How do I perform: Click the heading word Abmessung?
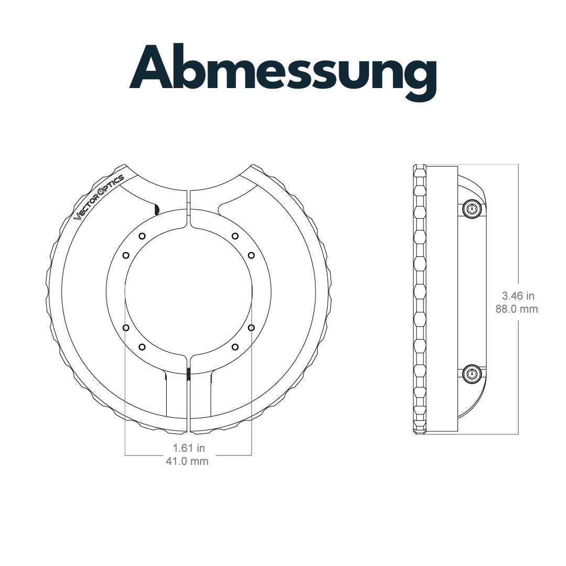point(283,72)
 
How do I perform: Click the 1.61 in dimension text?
point(189,448)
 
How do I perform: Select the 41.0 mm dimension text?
point(187,461)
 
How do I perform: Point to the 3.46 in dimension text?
point(518,296)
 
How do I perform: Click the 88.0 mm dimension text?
point(517,309)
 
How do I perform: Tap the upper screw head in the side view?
point(472,208)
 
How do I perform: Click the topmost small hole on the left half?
point(142,236)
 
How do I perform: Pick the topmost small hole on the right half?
point(235,236)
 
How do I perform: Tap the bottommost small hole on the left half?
point(142,347)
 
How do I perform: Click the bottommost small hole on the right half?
point(235,347)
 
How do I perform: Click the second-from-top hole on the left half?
point(126,255)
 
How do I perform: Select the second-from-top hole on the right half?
point(251,255)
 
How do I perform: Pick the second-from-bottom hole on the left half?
point(126,328)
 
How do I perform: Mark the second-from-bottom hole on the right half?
point(251,328)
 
